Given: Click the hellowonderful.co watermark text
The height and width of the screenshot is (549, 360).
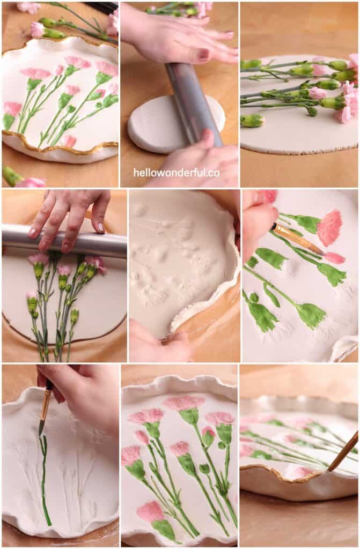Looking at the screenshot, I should tap(177, 173).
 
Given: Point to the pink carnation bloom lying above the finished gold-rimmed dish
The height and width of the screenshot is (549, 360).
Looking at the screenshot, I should tap(37, 29).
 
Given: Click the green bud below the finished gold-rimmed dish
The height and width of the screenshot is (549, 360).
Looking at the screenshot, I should tap(11, 176).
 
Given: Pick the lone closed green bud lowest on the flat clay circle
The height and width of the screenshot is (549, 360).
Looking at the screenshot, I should tap(252, 121).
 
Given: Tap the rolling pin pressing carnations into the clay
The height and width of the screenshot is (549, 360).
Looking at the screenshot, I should tap(64, 244).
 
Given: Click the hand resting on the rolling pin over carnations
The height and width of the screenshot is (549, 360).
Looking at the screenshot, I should tap(70, 214).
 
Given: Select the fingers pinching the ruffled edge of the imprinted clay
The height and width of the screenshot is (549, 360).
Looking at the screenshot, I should tap(156, 343).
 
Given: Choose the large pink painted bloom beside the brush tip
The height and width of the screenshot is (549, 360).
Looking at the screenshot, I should tap(329, 227).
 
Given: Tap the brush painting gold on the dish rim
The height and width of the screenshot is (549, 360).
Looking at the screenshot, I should tap(343, 450).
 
